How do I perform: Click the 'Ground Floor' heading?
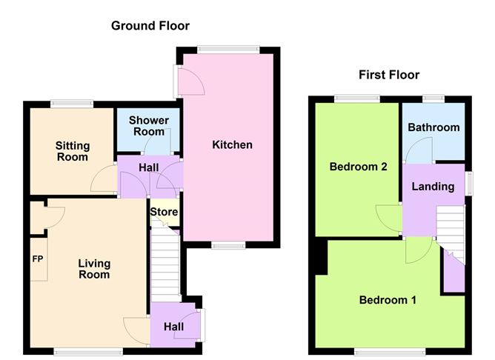coord(150,26)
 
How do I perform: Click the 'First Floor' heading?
coord(389,75)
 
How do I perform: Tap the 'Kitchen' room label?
coord(232,144)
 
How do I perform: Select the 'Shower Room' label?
coord(149,126)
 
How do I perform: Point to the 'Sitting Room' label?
coord(73,151)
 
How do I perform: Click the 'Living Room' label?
coord(94,269)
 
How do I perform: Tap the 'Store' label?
coord(164,213)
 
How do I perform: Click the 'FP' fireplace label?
coord(38,259)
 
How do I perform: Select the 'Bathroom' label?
coord(433,127)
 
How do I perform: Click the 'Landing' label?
coord(433,187)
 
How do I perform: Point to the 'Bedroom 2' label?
coord(359,167)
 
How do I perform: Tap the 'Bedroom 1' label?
coord(388,300)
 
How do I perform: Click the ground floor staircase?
coord(165,263)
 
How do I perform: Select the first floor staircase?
coord(450,230)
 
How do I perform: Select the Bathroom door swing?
coord(419,151)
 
